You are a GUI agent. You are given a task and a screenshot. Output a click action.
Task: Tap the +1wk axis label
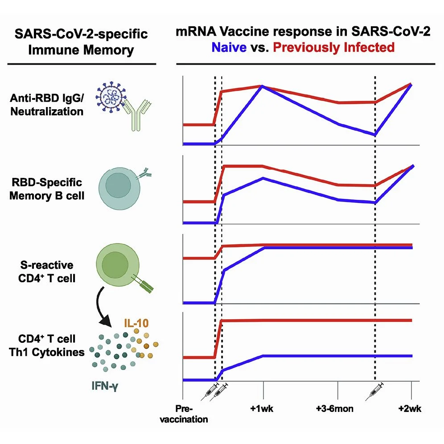point(263,408)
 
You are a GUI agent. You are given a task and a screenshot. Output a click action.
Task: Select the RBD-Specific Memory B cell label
point(46,189)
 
